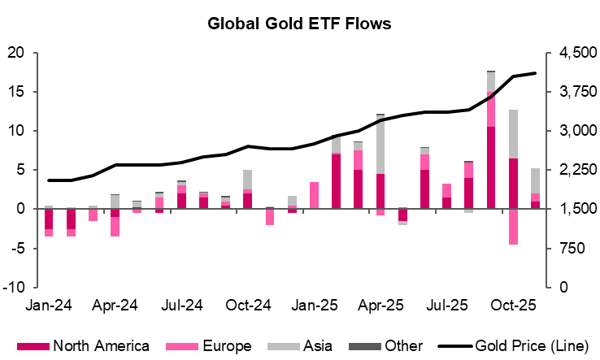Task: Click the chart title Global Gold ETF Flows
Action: [299, 24]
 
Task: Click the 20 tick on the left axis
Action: [17, 53]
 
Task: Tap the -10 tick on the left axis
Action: [15, 287]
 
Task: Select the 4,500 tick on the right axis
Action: [574, 53]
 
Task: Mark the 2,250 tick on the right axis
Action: [574, 170]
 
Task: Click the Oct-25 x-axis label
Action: [515, 308]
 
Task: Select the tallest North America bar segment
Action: [491, 167]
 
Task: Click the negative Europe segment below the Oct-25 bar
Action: [513, 226]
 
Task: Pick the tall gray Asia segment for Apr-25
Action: [380, 144]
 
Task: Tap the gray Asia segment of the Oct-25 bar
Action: [513, 134]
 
